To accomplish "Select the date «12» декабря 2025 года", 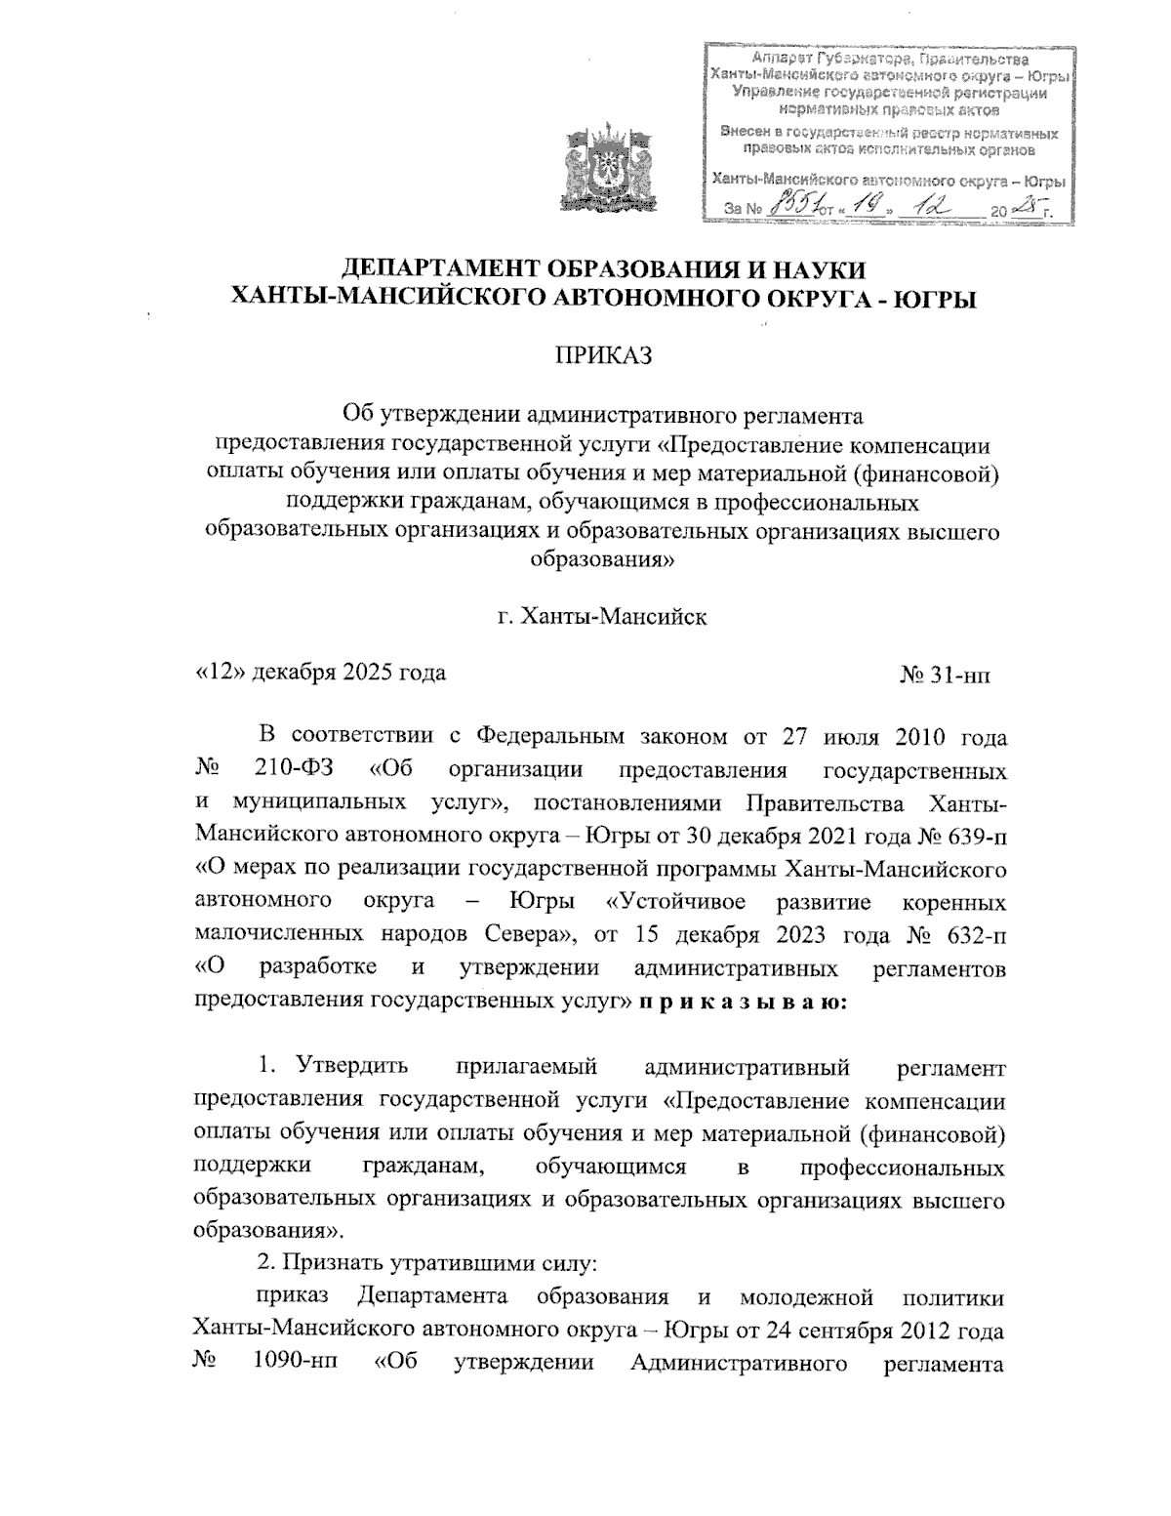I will click(321, 673).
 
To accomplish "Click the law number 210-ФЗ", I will click(296, 770).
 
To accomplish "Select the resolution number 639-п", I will click(972, 838).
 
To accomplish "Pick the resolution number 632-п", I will click(976, 935).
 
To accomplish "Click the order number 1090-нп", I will click(288, 1364).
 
